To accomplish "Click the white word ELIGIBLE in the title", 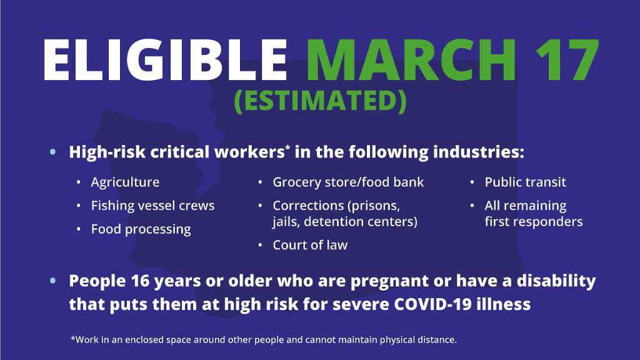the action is click(165, 60).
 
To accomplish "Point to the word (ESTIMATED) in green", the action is click(320, 101).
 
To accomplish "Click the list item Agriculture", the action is click(125, 182).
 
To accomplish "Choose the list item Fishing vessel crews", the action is click(152, 205).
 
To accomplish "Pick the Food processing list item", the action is click(141, 229).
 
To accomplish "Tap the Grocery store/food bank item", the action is click(348, 182).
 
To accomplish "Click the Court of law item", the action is click(310, 245).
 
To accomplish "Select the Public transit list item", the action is click(525, 182).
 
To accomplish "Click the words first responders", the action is click(534, 222).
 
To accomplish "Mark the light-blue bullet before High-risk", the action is click(52, 152).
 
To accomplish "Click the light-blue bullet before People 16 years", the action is click(52, 281).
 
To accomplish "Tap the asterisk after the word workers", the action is click(287, 147).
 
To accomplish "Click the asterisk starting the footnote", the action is click(73, 338).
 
